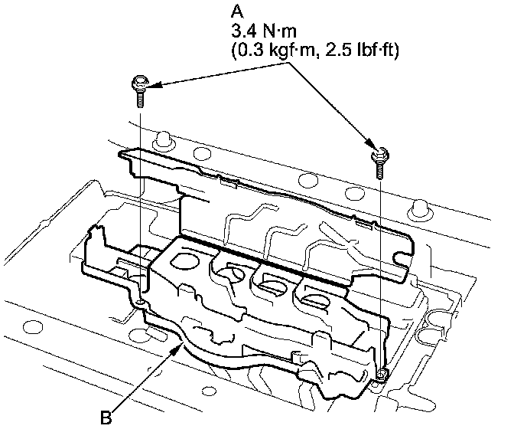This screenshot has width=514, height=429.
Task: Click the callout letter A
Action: [237, 11]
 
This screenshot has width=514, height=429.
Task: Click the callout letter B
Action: [106, 418]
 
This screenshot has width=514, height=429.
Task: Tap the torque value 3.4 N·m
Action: [264, 31]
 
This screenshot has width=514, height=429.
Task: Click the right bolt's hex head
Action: [380, 154]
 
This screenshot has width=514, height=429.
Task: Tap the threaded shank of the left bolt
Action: [140, 99]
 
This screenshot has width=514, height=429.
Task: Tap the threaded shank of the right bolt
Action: [379, 170]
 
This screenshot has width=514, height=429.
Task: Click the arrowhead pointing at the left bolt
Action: [153, 85]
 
